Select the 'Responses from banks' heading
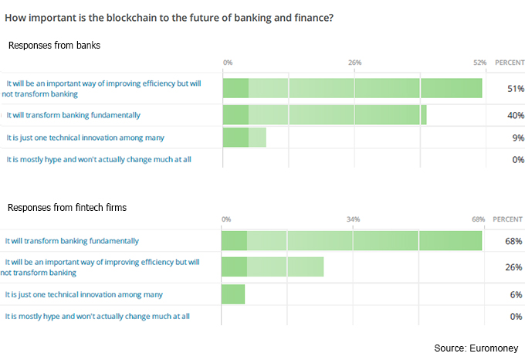pos(54,46)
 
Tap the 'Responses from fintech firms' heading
pos(67,208)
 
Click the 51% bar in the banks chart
pos(352,88)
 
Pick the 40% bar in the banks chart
pos(324,115)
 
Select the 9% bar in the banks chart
pos(244,138)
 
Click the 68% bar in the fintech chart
pos(351,241)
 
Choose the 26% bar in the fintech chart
pos(272,267)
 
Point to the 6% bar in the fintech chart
pos(232,294)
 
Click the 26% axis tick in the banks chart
pos(354,62)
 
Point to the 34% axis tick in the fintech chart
pos(353,219)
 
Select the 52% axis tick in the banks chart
pos(479,62)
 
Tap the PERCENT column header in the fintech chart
pos(507,219)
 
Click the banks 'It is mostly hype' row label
pos(99,159)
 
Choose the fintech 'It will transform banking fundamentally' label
pos(73,240)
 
